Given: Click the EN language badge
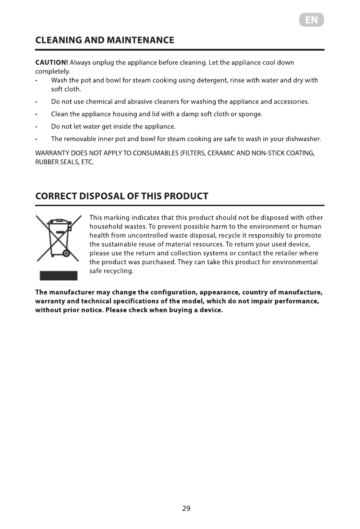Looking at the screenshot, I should [x=311, y=20].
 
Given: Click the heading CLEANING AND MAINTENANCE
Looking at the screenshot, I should [x=105, y=40].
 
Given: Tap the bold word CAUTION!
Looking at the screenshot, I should [x=51, y=62].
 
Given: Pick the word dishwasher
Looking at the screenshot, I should [x=302, y=139].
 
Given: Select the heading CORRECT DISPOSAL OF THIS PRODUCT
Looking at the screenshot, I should [x=122, y=196].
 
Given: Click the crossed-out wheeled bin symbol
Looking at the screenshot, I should [x=58, y=239].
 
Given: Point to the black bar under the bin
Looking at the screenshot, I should [x=59, y=275].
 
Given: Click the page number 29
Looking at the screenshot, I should [x=186, y=509].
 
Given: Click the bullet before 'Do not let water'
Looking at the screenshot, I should [x=36, y=127].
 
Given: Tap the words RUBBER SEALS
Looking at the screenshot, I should [x=55, y=162].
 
